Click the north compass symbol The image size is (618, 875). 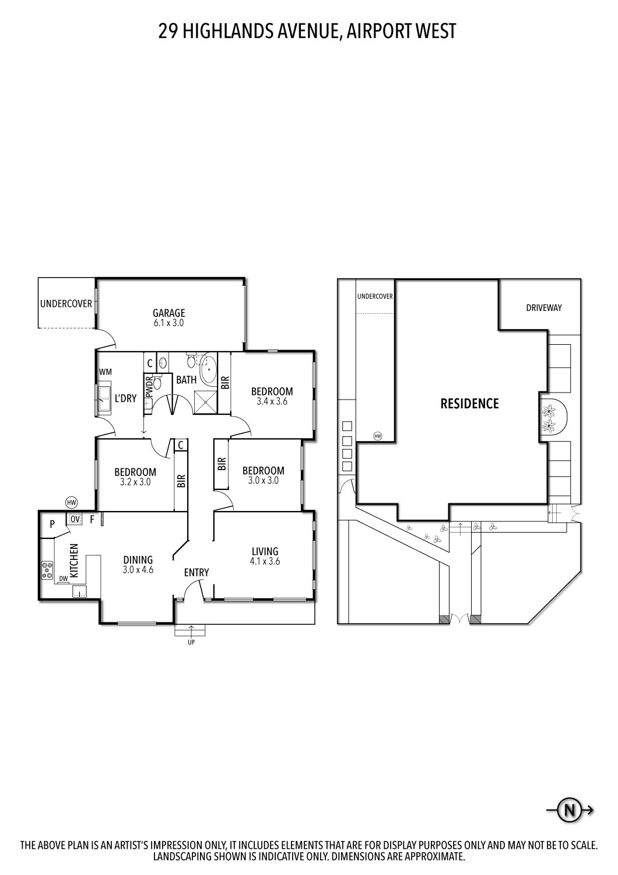(570, 810)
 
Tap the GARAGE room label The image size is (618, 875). (169, 313)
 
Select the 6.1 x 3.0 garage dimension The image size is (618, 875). (169, 323)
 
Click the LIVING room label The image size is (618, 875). (265, 551)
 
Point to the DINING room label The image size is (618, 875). (138, 560)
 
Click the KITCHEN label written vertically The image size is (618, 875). (74, 561)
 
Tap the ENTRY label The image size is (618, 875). (196, 572)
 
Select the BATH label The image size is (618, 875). (186, 380)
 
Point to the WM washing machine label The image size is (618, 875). (106, 372)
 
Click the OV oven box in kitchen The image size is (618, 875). (75, 519)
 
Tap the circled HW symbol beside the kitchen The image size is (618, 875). (72, 502)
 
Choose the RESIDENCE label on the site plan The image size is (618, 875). (469, 403)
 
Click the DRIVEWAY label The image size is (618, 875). (544, 307)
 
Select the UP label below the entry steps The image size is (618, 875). (191, 642)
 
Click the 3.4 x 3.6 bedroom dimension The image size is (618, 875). (272, 401)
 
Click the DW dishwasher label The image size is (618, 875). (63, 578)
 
